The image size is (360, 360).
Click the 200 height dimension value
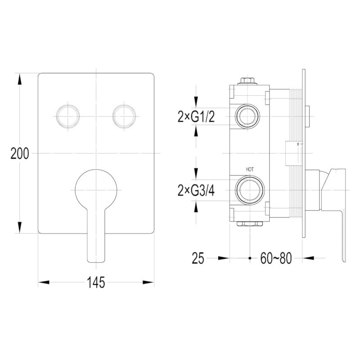[x=20, y=153]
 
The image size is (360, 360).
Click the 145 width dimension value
[x=96, y=283]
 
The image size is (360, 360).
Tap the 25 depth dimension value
[x=198, y=258]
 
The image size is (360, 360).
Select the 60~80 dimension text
[x=276, y=258]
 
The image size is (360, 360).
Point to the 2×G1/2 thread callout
[x=196, y=117]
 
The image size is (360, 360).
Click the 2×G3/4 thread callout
[x=196, y=190]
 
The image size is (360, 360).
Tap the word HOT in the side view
[x=250, y=170]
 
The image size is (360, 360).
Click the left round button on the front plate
[x=68, y=116]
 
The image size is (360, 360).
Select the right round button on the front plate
[x=124, y=116]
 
